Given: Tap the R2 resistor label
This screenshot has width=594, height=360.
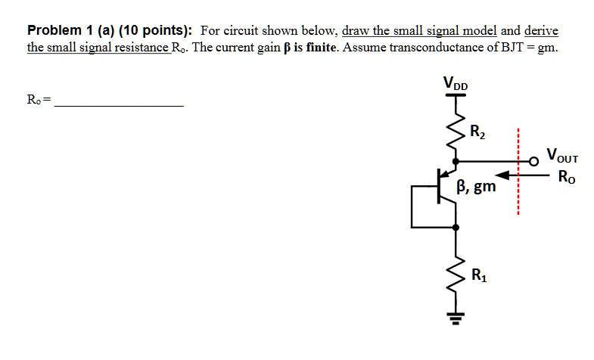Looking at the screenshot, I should [x=478, y=129].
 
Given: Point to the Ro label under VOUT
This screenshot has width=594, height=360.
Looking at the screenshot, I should [x=564, y=178].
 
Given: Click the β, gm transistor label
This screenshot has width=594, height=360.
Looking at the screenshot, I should [x=477, y=185].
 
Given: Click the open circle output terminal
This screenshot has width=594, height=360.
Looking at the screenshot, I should [x=535, y=160].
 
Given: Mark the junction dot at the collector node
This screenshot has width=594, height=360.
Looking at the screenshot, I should [x=456, y=160].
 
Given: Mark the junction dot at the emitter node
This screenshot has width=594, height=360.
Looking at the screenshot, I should [x=456, y=226].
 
